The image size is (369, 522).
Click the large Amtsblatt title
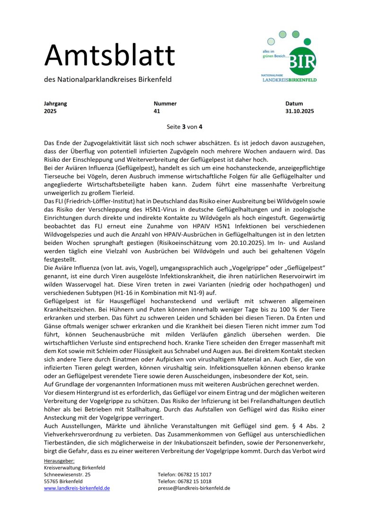tap(109, 56)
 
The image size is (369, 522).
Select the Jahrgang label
tap(55, 104)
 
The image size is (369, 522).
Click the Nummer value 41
tap(157, 112)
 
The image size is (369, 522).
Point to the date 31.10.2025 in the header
tap(299, 112)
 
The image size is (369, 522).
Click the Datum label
tap(294, 104)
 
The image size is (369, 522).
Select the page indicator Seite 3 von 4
tap(184, 127)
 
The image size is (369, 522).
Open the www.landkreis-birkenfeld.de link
tap(77, 488)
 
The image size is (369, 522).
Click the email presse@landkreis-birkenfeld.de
tap(194, 488)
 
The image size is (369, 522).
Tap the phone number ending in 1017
tap(184, 474)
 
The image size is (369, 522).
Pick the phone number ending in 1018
tap(184, 481)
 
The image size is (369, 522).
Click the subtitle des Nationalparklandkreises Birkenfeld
tap(108, 79)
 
